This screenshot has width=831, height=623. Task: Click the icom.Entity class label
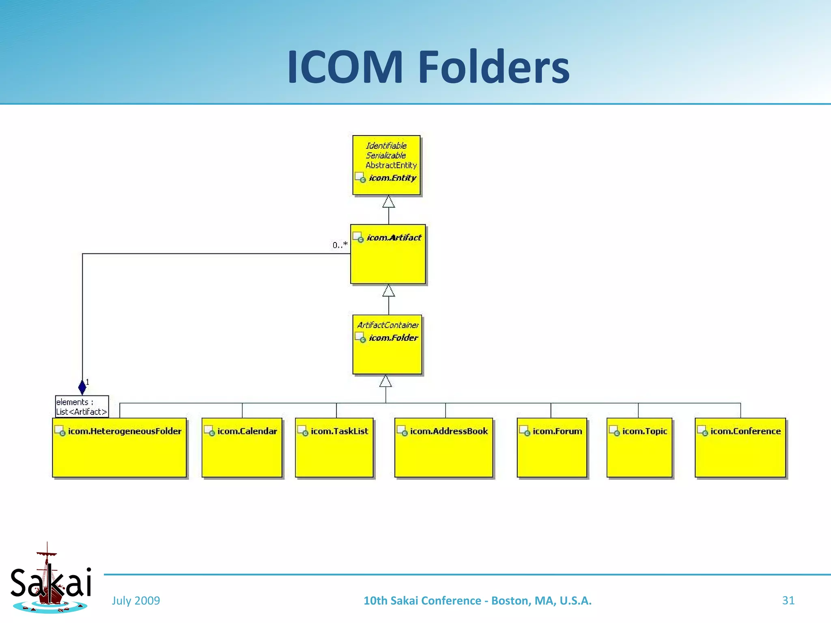coord(392,178)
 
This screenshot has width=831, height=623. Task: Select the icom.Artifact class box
coord(388,254)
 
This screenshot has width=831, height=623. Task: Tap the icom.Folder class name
coord(393,337)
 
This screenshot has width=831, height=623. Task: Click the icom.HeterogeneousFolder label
coord(124,431)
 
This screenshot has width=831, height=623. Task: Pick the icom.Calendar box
coord(242,447)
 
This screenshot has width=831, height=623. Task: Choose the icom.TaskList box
coord(334,447)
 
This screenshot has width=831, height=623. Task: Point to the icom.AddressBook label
coord(448,431)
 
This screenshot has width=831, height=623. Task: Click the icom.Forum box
coord(552,447)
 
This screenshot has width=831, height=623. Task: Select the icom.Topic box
coord(639,447)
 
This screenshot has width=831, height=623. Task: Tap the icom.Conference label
coord(745,431)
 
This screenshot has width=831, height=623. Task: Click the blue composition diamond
coord(82,387)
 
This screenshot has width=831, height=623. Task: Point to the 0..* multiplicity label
coord(340,245)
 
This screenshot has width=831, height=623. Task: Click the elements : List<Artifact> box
coord(82,406)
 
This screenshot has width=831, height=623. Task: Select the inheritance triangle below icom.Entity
coord(389,202)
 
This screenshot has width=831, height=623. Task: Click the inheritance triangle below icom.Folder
coord(385,381)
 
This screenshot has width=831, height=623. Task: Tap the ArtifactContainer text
coord(388,325)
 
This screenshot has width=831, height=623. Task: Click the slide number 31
coord(788,600)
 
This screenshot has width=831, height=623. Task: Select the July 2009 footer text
coord(136,600)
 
